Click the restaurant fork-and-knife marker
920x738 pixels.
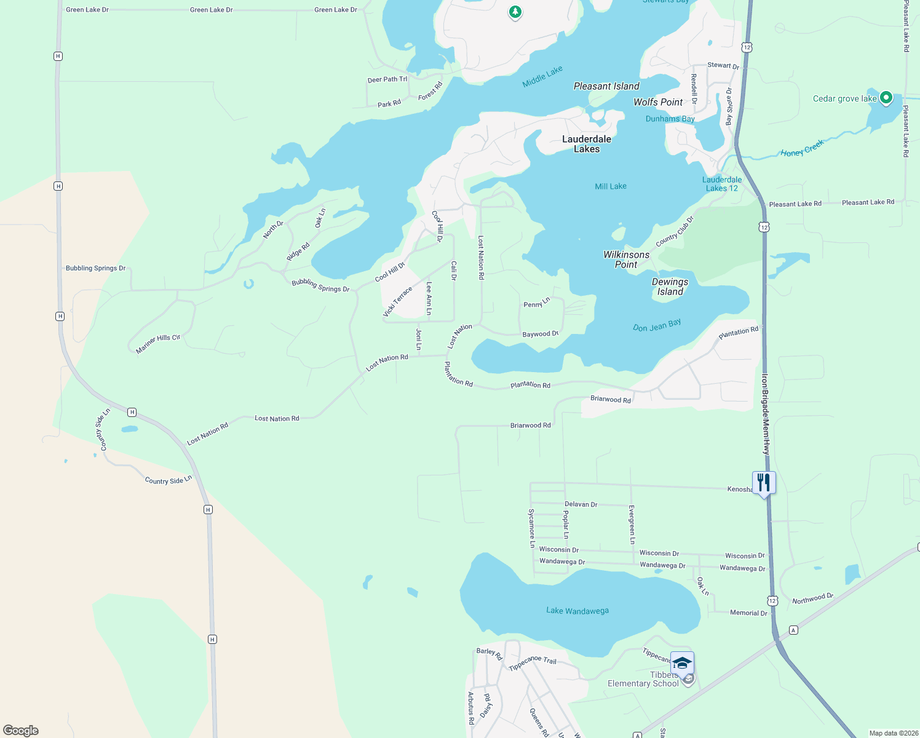(x=764, y=483)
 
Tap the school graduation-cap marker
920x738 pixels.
(x=682, y=663)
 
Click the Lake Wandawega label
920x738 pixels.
(x=577, y=611)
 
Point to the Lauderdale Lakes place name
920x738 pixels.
(x=587, y=144)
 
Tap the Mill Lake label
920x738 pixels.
(x=611, y=186)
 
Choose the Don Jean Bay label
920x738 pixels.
(x=657, y=325)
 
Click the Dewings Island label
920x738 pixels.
(x=670, y=287)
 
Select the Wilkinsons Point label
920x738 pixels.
(x=626, y=260)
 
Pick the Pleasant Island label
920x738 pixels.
(x=606, y=86)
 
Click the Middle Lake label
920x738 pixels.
(x=542, y=77)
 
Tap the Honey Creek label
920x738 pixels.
(x=802, y=149)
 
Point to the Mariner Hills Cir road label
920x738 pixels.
(x=158, y=344)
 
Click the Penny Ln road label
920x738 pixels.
(x=537, y=303)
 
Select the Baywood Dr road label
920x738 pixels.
(x=541, y=334)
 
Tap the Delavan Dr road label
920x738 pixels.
(x=581, y=504)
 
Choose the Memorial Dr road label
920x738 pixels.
(x=748, y=613)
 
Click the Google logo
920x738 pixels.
(x=21, y=731)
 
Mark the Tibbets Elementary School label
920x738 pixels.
(x=643, y=680)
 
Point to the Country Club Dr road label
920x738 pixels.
(x=675, y=232)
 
